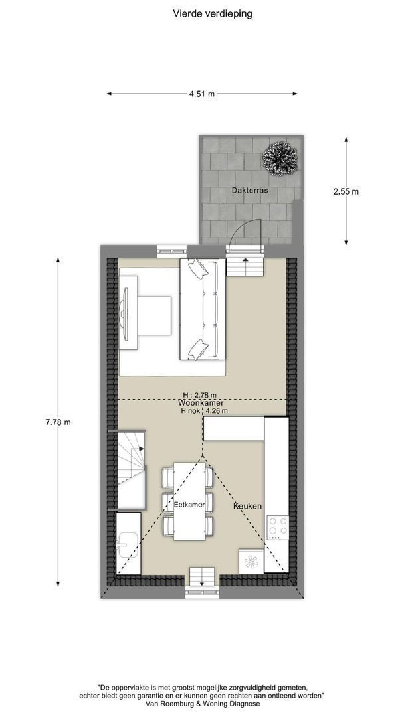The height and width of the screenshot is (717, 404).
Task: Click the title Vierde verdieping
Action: tap(212, 14)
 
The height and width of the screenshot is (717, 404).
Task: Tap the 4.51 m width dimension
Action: tap(202, 94)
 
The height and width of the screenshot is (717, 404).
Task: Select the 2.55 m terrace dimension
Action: tap(346, 191)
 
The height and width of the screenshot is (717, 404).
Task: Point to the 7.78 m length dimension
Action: tap(58, 422)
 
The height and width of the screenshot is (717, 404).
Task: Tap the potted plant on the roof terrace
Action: tap(280, 158)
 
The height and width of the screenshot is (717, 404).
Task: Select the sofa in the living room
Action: tap(203, 309)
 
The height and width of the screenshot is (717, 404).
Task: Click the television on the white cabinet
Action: tap(124, 312)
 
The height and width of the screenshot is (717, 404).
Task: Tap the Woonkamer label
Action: tap(202, 404)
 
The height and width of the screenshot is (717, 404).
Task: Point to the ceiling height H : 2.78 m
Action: tap(200, 395)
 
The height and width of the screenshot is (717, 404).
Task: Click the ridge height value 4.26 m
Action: tap(217, 411)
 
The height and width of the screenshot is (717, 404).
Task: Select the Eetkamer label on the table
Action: tap(189, 505)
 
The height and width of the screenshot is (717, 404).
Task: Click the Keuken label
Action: tap(248, 506)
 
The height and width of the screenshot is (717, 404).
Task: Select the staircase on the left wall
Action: tap(132, 469)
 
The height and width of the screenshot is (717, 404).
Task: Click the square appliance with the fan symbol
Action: tap(251, 561)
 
